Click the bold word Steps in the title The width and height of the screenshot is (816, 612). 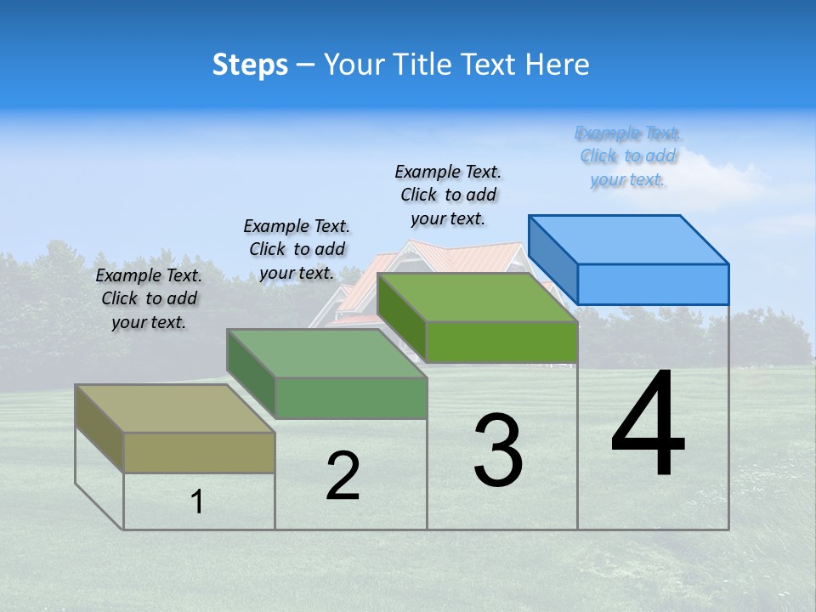[250, 65]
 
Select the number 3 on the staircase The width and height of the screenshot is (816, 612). [498, 450]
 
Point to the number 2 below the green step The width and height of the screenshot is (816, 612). [343, 476]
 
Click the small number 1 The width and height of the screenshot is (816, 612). [197, 501]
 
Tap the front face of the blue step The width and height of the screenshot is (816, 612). [653, 284]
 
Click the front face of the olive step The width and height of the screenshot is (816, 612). [199, 452]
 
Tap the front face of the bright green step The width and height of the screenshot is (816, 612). [501, 342]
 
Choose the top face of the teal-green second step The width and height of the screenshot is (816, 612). [326, 353]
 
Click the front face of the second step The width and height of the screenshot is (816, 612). [350, 398]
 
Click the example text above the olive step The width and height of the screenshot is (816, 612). [149, 298]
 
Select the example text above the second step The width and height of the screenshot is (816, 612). [297, 249]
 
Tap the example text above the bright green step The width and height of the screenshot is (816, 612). [448, 195]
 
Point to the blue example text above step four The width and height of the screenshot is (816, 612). [627, 156]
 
